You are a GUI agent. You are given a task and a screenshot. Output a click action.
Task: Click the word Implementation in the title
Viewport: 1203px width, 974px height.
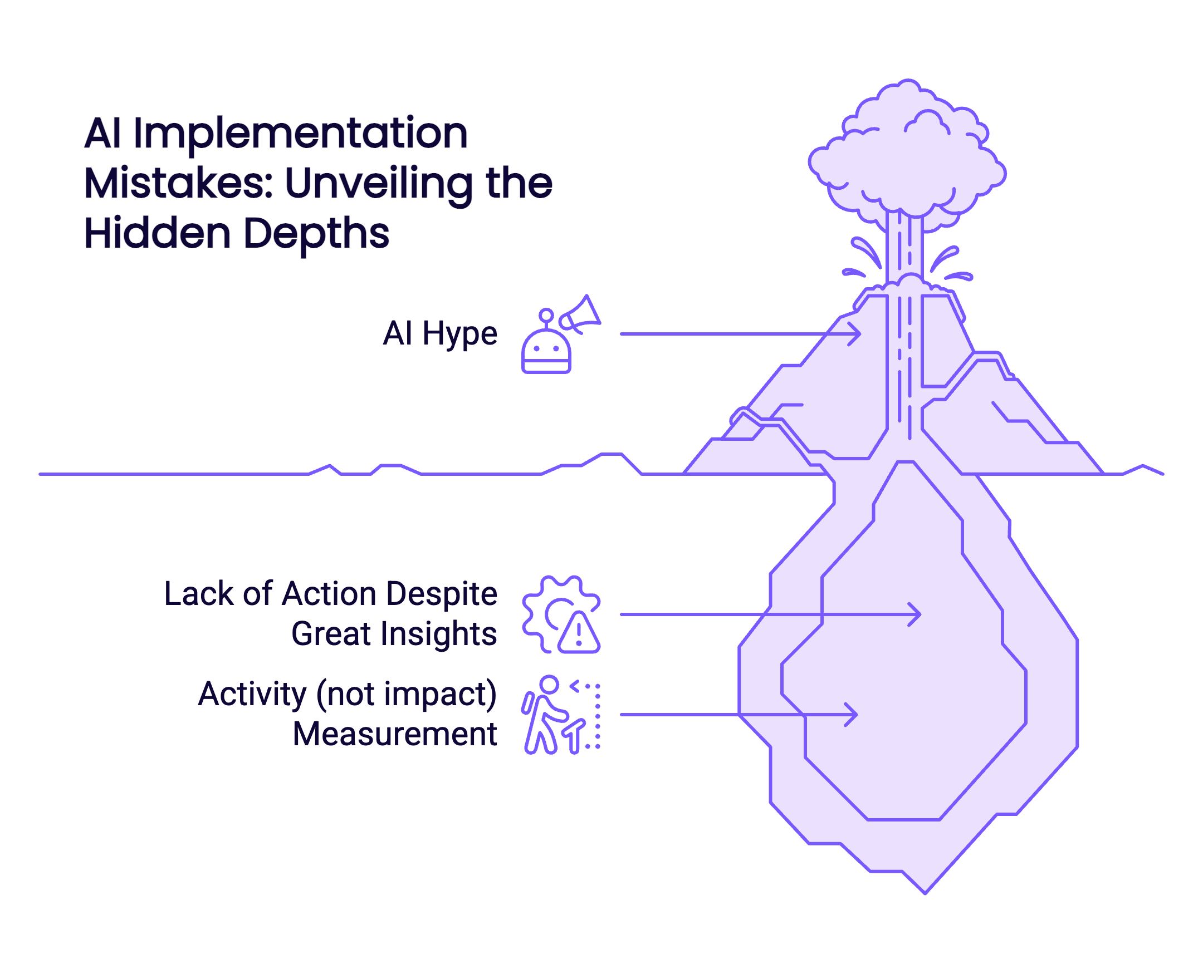[x=300, y=135]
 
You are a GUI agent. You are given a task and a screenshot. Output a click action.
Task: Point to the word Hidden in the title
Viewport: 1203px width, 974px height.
[x=157, y=233]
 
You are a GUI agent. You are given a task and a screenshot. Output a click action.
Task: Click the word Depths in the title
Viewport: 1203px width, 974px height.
[x=316, y=233]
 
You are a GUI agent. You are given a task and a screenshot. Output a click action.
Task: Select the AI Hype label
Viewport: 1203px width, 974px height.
[x=440, y=334]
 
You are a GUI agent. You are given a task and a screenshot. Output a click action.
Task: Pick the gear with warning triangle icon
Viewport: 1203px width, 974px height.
[x=561, y=614]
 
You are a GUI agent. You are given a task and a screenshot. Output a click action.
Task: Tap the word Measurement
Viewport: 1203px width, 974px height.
[x=395, y=734]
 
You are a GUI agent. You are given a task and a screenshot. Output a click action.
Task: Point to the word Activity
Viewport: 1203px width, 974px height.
[x=252, y=694]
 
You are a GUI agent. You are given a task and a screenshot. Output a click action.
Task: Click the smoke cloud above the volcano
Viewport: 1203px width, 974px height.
[x=907, y=157]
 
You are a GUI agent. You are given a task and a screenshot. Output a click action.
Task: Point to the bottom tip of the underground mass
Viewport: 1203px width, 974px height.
[x=925, y=891]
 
